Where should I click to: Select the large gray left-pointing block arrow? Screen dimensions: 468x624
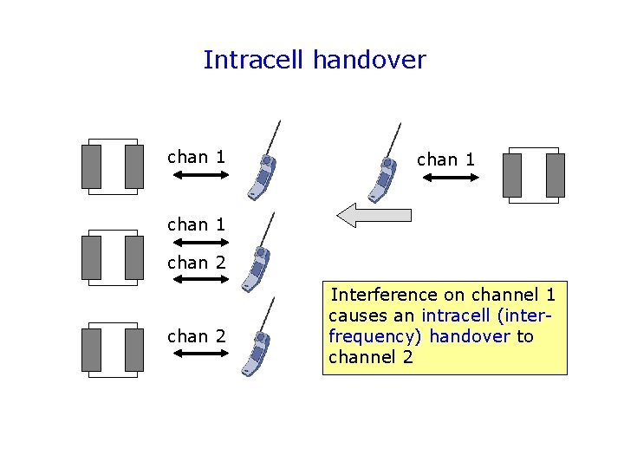pyautogui.click(x=373, y=215)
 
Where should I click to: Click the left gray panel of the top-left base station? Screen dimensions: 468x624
pyautogui.click(x=91, y=166)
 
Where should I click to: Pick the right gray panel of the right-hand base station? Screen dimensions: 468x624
pyautogui.click(x=556, y=175)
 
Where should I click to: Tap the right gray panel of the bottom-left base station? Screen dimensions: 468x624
pyautogui.click(x=134, y=350)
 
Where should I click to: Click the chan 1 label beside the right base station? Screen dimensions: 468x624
pyautogui.click(x=445, y=159)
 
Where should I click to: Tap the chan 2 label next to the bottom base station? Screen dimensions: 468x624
pyautogui.click(x=196, y=336)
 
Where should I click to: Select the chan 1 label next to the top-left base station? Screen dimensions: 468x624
pyautogui.click(x=196, y=157)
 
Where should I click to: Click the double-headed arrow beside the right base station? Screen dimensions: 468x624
pyautogui.click(x=450, y=178)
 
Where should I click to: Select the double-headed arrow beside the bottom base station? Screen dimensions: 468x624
pyautogui.click(x=197, y=354)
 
